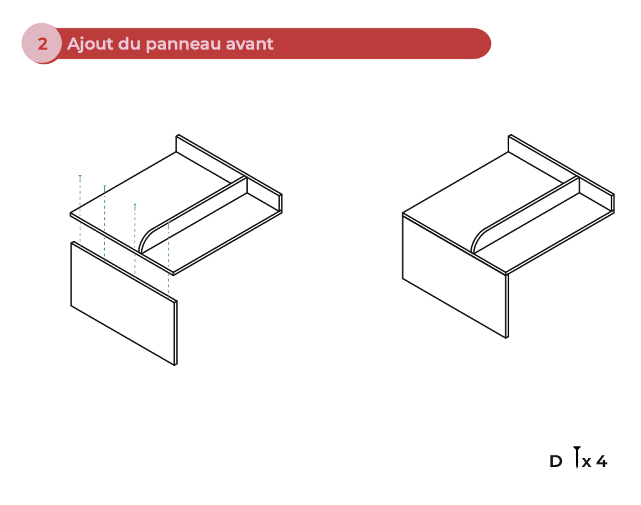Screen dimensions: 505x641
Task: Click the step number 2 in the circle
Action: [42, 44]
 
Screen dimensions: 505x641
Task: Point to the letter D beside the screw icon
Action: [555, 461]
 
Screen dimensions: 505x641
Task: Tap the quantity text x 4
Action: [595, 461]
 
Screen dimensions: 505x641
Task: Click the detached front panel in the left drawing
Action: [122, 303]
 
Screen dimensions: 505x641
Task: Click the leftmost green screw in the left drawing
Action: [80, 176]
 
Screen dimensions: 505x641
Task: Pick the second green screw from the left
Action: [104, 187]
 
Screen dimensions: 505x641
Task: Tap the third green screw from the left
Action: [135, 205]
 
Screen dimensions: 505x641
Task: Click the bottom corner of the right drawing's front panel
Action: [506, 337]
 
